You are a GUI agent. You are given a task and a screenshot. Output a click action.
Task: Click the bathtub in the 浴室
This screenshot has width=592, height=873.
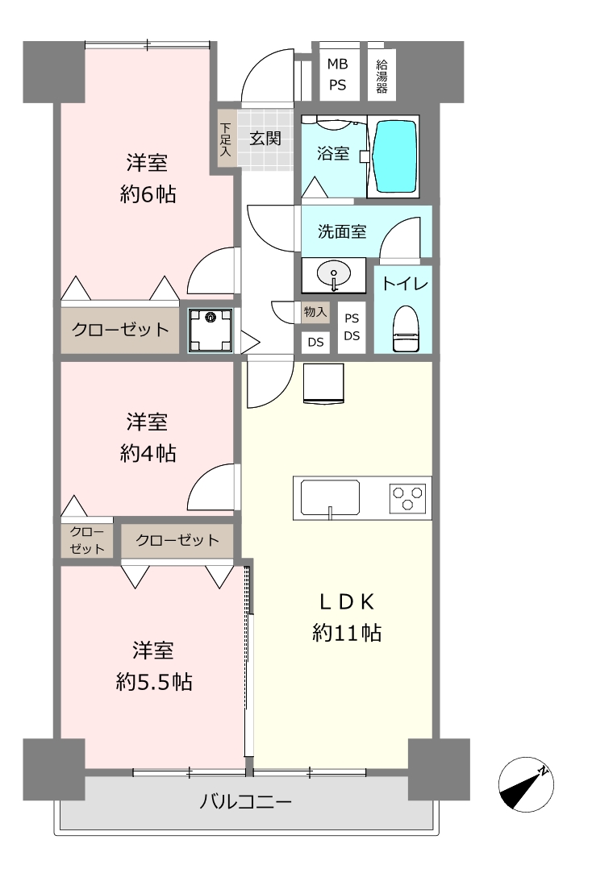[395, 156]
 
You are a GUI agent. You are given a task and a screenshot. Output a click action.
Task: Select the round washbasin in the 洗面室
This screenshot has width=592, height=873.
[334, 273]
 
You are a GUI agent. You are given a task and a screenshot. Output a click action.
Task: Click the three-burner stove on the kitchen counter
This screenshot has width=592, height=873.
[408, 497]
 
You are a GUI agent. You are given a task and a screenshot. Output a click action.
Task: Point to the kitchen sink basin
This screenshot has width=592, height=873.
[330, 497]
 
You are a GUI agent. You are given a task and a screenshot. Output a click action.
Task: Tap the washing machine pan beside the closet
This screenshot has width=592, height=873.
[210, 330]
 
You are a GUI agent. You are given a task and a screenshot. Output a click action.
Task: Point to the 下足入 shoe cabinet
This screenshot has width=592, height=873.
[224, 139]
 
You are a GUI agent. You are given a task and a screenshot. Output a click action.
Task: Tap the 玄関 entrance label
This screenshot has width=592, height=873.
[265, 138]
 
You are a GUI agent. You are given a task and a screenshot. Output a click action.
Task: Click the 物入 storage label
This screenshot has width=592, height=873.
[315, 312]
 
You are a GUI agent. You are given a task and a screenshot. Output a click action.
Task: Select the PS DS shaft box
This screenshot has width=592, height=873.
[352, 327]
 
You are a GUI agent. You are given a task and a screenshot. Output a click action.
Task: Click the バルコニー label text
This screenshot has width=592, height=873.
[245, 802]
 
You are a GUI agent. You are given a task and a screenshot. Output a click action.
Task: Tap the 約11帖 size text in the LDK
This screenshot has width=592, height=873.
[346, 633]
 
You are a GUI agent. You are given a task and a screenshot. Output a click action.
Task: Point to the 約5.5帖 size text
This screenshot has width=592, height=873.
[154, 682]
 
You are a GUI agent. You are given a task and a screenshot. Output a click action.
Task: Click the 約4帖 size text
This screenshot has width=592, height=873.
[148, 453]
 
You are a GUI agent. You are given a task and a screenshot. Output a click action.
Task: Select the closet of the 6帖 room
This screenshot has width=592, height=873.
[119, 330]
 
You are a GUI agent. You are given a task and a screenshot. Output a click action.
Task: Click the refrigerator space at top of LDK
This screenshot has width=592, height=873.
[323, 383]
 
